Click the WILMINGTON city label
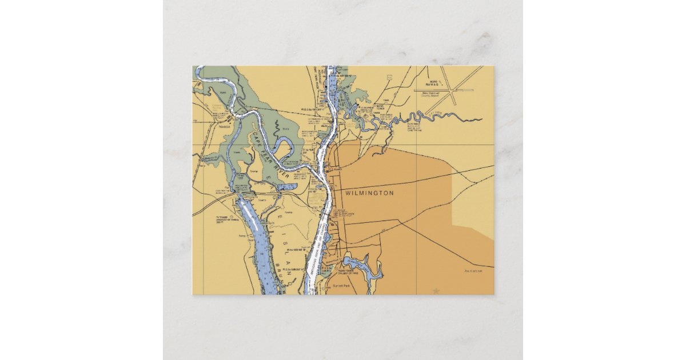369,194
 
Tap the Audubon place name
473,271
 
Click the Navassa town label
224,127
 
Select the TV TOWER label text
223,219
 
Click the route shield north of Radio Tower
389,76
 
